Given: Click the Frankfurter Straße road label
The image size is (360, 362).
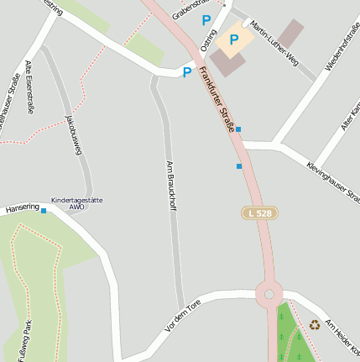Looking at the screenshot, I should pyautogui.click(x=217, y=100).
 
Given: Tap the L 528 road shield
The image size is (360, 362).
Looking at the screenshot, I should pyautogui.click(x=258, y=213).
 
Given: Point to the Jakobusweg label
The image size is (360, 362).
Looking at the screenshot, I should pyautogui.click(x=74, y=134).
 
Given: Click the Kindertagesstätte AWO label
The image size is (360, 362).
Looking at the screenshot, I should pyautogui.click(x=77, y=202).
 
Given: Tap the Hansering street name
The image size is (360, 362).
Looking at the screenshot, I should pyautogui.click(x=23, y=207).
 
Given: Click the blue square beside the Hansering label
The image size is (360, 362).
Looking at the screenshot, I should pyautogui.click(x=44, y=211).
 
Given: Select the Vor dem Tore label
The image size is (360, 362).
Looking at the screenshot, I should pyautogui.click(x=183, y=320).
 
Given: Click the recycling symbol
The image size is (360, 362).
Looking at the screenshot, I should pyautogui.click(x=315, y=324).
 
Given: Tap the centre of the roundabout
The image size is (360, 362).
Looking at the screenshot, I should pyautogui.click(x=269, y=294).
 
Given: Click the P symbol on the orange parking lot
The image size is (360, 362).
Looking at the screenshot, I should pyautogui.click(x=234, y=39).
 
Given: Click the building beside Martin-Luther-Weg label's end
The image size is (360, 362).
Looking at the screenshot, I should pyautogui.click(x=290, y=34).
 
